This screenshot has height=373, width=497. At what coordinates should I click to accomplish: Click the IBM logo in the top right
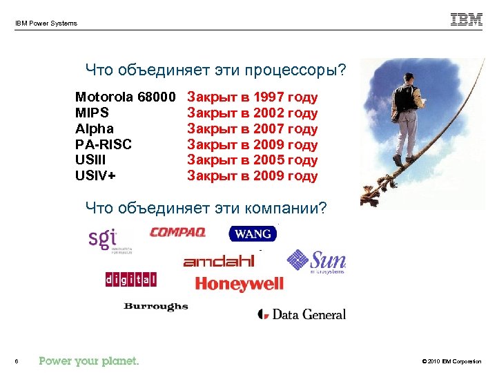click(467, 19)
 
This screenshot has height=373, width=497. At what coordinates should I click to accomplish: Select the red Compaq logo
click(177, 232)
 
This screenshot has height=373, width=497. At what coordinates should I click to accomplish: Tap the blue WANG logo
click(252, 234)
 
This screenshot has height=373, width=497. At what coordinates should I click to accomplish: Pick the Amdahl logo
click(219, 261)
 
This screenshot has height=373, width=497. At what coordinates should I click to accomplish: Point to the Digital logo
click(130, 279)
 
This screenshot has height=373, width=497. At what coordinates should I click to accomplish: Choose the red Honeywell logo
click(239, 284)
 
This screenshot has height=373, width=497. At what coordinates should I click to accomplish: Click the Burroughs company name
click(156, 306)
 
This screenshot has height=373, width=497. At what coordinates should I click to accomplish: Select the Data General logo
click(302, 314)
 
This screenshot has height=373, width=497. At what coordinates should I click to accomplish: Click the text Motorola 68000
click(126, 97)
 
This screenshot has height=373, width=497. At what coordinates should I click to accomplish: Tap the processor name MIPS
click(92, 113)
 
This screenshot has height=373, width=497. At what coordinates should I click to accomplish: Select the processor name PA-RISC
click(104, 144)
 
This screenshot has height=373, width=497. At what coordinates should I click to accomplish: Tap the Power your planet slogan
click(89, 361)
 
